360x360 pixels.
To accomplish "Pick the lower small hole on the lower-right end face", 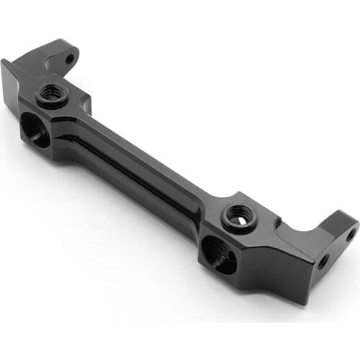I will pos(323,261).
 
